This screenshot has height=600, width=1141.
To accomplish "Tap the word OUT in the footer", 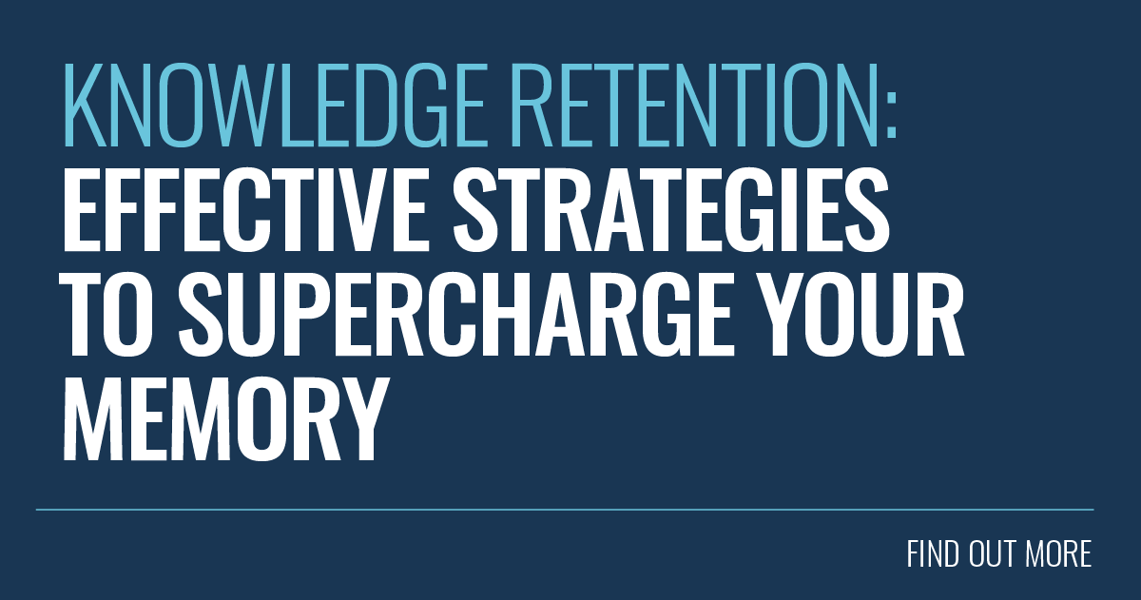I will click(x=993, y=554).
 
